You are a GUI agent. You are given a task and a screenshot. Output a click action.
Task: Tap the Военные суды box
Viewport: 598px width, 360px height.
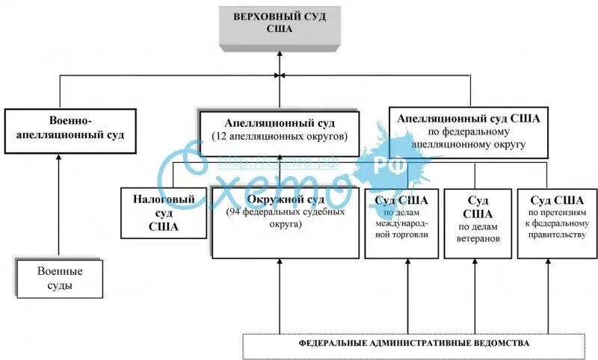pos(59,278)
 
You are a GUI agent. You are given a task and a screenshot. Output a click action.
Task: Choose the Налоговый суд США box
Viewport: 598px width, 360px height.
pos(164,213)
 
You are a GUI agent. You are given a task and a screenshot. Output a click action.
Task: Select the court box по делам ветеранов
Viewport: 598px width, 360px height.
pos(478,222)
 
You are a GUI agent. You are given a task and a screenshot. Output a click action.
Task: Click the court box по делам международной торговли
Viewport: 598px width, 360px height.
pos(401,222)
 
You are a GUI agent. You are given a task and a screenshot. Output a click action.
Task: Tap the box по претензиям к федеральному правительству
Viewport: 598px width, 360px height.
pos(557,222)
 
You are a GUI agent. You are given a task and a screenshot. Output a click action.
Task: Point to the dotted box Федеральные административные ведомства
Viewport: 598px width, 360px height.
pos(413,344)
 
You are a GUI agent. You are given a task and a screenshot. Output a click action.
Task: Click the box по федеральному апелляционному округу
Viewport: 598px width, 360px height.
pos(469,131)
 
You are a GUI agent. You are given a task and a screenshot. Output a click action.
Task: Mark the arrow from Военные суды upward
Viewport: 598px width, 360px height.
pos(59,202)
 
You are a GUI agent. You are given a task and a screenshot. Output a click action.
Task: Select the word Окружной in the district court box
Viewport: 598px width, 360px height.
pos(261,199)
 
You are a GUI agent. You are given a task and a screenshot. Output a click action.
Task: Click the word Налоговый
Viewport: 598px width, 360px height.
pos(164,200)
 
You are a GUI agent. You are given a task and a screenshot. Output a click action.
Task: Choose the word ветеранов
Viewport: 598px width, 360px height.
pos(478,239)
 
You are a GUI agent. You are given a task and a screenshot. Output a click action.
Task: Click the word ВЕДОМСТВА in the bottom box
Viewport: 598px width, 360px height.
pos(501,344)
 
